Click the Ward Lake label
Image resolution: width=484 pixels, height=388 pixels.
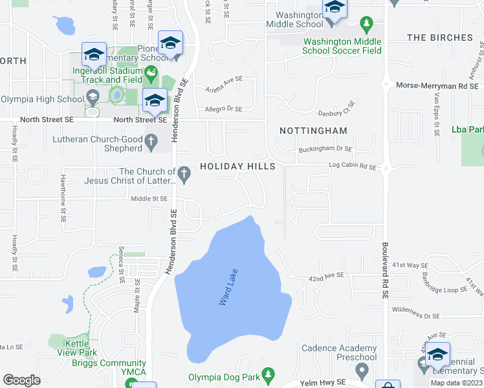tap(228, 287)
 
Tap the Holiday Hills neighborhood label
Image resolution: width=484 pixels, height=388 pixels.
tap(237, 166)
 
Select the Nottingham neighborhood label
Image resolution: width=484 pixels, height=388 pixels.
tap(313, 131)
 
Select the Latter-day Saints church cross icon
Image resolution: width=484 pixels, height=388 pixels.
tap(184, 173)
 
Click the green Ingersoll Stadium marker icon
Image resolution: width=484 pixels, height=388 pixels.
tap(151, 74)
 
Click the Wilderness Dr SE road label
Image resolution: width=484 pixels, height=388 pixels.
tap(415, 316)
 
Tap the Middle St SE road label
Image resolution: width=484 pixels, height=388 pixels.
tap(149, 199)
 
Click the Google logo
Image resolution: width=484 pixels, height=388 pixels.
tap(21, 380)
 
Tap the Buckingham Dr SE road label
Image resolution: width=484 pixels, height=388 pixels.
tap(325, 149)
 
